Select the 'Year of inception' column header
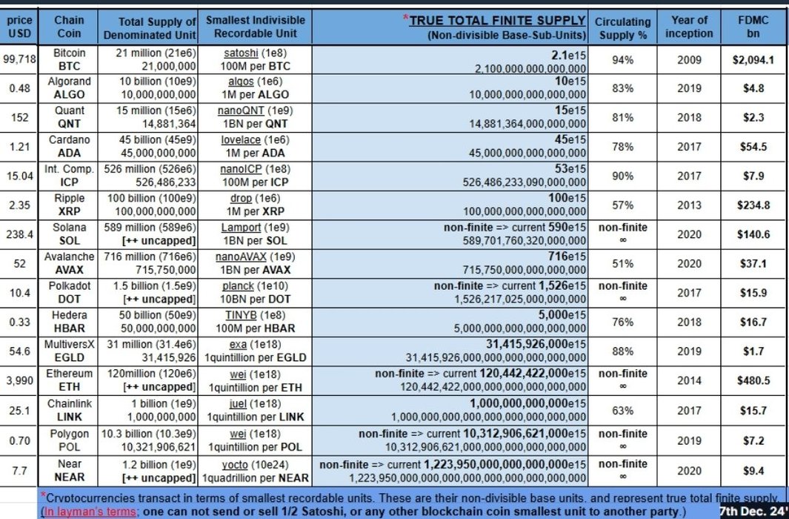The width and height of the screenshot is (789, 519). pos(688,27)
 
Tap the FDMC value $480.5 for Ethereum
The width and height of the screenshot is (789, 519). pos(754,381)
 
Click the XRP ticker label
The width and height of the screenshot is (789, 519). pos(70,211)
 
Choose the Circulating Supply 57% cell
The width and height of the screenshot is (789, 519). pos(622,205)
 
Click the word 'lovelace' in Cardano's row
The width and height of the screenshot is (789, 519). pos(244,140)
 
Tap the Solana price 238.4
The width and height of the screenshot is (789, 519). pos(19,234)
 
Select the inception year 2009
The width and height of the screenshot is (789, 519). pos(688,60)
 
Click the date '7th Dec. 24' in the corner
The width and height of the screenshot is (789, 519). pos(754,511)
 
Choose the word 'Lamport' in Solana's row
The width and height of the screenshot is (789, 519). pos(241,228)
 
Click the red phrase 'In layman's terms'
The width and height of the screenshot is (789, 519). pos(87,512)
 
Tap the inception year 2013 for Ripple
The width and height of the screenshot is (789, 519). pos(688,205)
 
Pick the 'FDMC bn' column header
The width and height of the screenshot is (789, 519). pos(753,27)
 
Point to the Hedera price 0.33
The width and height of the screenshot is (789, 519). pos(19,321)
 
